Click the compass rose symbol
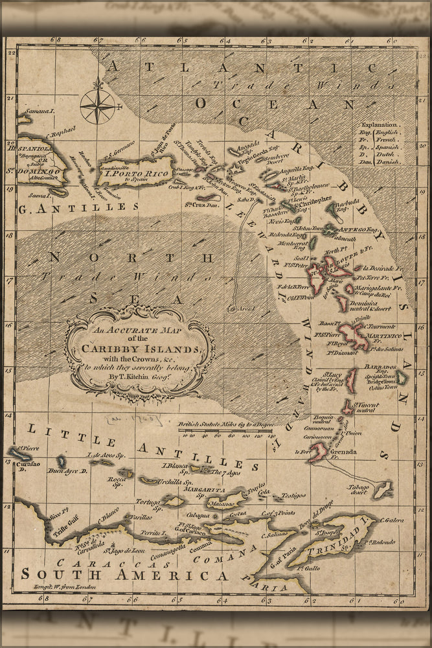[x=98, y=106]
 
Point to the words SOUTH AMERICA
[x=124, y=575]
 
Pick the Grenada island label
[x=343, y=451]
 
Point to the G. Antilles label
[x=78, y=208]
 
